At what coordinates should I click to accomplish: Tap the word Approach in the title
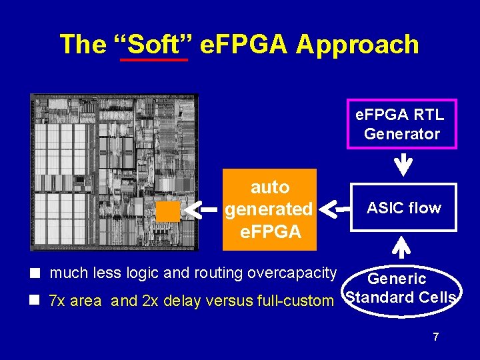(358, 45)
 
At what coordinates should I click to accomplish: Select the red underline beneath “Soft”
(154, 60)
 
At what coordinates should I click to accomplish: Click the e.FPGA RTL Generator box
(401, 123)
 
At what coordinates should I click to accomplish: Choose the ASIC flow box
(403, 207)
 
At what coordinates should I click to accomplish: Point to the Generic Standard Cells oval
(401, 289)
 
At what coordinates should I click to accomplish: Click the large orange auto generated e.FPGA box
(269, 209)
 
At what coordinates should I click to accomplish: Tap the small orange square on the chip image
(169, 211)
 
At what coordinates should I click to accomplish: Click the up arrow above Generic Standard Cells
(403, 247)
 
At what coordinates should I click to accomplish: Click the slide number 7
(435, 337)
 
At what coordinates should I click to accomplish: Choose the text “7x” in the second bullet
(58, 301)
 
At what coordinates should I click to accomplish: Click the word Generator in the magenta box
(402, 134)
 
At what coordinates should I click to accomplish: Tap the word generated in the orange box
(269, 209)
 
